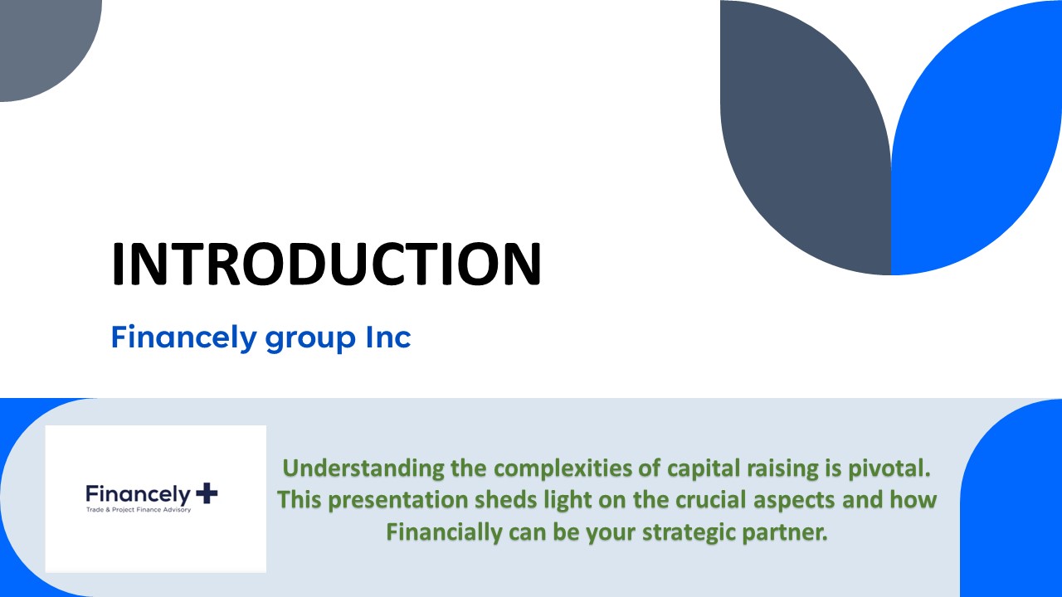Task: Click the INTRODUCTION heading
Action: [x=326, y=264]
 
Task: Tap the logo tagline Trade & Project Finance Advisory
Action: [x=139, y=510]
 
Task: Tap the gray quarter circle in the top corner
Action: [x=41, y=41]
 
